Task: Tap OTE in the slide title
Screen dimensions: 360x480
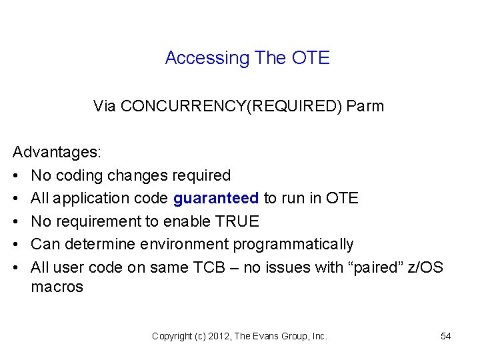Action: click(x=311, y=59)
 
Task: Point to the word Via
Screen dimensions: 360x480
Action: click(x=104, y=106)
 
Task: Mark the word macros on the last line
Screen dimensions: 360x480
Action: click(x=57, y=287)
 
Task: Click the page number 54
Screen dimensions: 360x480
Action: click(x=446, y=337)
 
